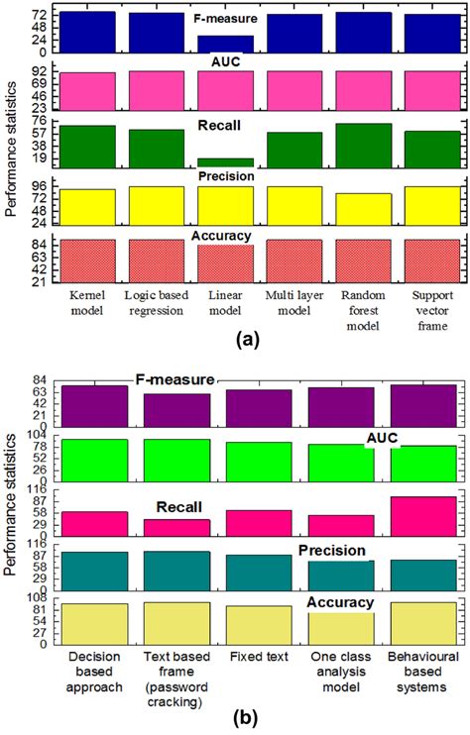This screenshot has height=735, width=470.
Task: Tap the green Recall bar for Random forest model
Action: point(363,145)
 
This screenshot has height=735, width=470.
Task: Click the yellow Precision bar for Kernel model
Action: point(88,206)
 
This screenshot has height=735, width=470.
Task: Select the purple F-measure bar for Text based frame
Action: point(176,409)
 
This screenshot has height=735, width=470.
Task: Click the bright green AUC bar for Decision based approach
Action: point(94,458)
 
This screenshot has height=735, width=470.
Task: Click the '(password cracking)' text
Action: point(176,703)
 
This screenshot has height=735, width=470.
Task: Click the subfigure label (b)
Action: point(235,721)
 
